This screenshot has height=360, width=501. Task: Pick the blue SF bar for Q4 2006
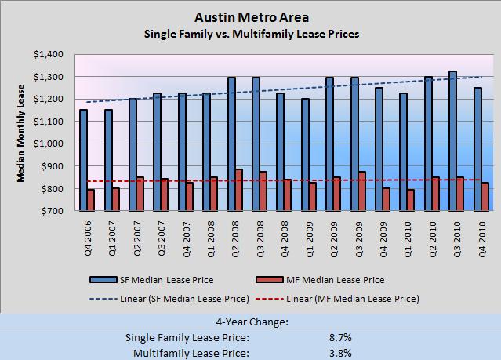click(83, 160)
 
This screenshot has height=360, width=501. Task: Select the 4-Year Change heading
click(250, 322)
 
